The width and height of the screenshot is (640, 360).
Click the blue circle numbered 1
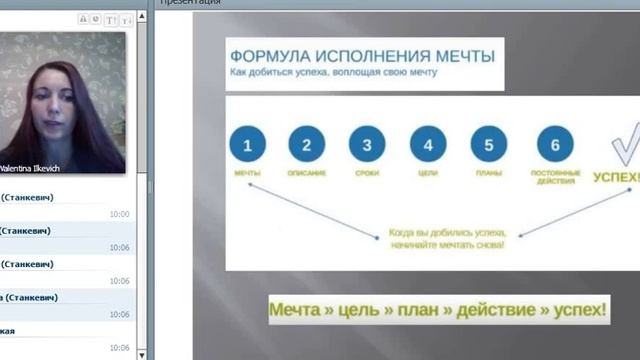(247, 145)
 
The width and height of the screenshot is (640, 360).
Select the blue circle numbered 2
(307, 145)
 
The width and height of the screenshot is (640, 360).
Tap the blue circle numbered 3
(367, 145)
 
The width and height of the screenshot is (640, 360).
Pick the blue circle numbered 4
(428, 145)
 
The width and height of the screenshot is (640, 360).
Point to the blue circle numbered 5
(488, 145)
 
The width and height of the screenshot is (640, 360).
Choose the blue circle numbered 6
(554, 145)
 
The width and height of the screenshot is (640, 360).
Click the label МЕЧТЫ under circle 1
(247, 174)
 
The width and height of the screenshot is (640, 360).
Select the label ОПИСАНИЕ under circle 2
(307, 174)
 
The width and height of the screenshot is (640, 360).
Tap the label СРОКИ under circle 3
(367, 174)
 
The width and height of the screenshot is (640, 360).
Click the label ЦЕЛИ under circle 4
(428, 174)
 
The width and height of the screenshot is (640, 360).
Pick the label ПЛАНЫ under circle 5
(488, 174)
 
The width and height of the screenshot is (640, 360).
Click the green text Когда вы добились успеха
(447, 233)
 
